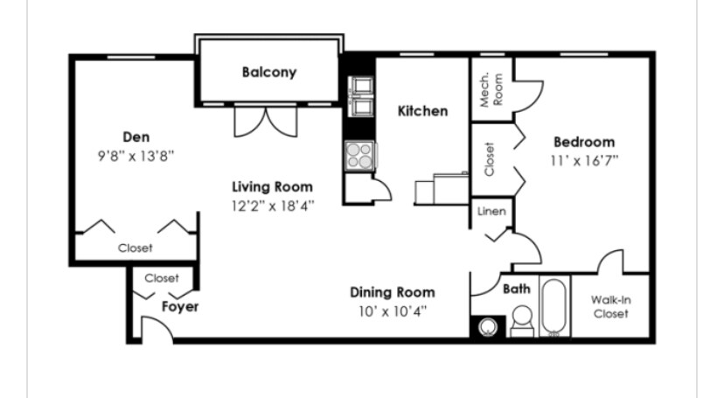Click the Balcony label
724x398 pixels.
269,72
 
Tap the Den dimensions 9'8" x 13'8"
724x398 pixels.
136,156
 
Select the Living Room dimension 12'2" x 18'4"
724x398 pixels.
273,206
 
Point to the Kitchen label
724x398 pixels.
422,111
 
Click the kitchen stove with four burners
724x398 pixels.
360,156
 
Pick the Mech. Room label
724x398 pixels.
491,89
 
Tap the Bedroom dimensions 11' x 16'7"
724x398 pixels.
584,161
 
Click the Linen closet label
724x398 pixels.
491,212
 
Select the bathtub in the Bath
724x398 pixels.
554,305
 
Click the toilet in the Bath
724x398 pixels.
522,321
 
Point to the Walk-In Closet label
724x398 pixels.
611,307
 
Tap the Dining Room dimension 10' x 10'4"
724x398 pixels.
393,311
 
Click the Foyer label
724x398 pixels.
180,306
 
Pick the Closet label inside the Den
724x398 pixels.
135,248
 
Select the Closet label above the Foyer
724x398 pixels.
162,278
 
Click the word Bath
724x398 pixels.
517,289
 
